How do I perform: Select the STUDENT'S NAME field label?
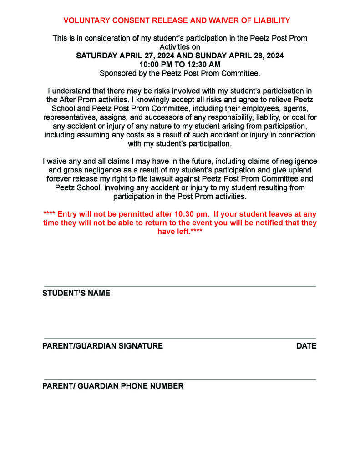76,294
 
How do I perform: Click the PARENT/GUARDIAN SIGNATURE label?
102,346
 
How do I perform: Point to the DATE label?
306,346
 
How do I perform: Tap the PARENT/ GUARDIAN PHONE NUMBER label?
113,386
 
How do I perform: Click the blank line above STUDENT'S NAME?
180,286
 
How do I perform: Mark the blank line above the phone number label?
180,379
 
